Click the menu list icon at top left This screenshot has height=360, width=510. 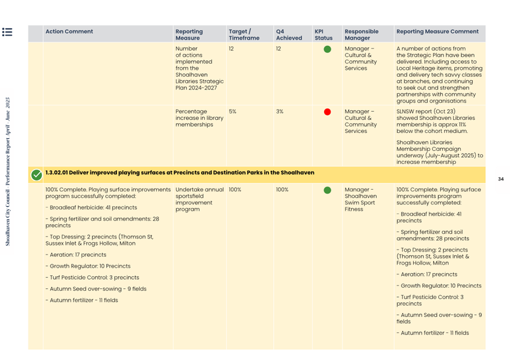7,32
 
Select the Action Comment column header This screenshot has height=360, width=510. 69,32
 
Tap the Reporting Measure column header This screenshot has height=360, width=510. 189,34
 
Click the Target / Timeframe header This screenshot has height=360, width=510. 244,34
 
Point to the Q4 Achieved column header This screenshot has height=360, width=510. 289,34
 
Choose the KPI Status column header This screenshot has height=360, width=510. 323,34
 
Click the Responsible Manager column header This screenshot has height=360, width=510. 361,34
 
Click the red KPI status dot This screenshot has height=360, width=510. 327,112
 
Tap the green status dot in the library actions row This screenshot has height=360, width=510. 327,49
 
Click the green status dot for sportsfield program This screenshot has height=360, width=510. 327,190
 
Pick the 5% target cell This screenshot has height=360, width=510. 233,111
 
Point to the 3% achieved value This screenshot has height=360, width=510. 280,111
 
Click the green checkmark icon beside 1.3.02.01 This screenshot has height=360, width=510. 36,174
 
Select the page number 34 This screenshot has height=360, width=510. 500,179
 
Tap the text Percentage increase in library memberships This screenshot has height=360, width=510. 199,118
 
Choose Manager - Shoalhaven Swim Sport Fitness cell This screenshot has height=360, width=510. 360,199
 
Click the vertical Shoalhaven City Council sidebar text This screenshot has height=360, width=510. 7,171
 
